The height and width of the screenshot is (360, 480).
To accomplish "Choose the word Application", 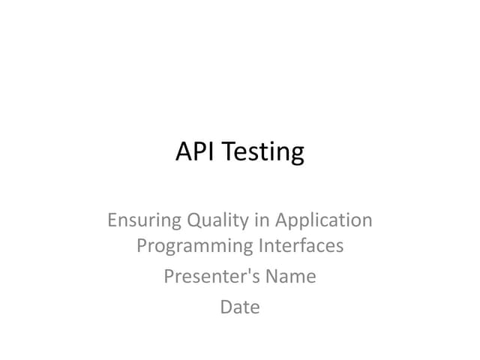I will (323, 221).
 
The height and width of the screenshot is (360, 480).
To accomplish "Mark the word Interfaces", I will (301, 245).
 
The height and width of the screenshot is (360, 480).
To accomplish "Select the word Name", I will (291, 277).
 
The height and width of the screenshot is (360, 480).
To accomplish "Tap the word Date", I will (240, 307).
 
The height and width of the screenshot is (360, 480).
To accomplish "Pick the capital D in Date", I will (226, 307).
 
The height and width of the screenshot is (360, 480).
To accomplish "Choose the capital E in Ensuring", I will (112, 220).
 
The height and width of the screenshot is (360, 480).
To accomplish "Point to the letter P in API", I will (197, 151).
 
